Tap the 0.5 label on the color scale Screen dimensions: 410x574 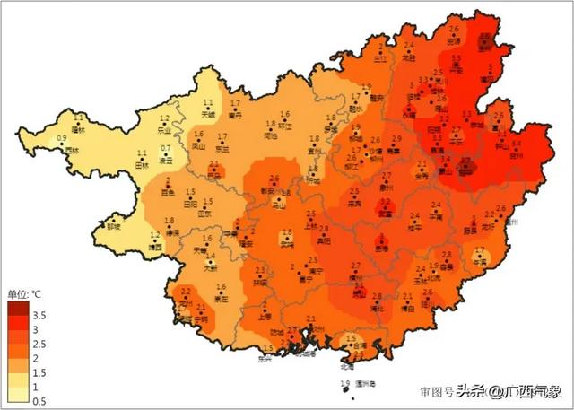point(39,401)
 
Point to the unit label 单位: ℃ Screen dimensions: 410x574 point(24,293)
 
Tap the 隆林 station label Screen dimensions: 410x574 point(78,129)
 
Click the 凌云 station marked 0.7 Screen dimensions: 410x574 point(166,160)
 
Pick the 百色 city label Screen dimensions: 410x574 point(166,192)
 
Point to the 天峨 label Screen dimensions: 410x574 point(208,115)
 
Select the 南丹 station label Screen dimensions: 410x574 point(235,115)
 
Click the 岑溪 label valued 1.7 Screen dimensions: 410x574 point(483,261)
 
